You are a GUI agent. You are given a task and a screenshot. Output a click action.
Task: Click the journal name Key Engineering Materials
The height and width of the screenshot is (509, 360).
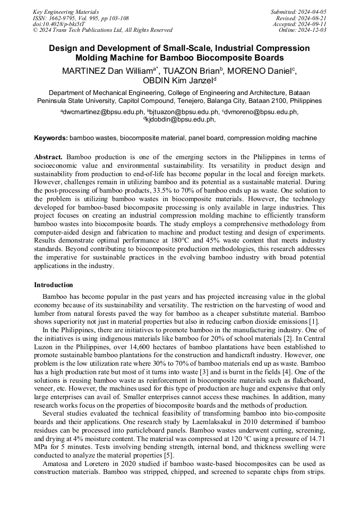click(66, 12)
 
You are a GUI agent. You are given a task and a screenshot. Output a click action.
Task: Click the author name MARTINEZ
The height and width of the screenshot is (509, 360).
click(84, 70)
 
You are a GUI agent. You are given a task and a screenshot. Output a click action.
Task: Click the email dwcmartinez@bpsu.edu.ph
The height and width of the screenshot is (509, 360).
click(102, 112)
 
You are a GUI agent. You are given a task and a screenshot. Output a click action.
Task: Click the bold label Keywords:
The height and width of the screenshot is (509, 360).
click(51, 138)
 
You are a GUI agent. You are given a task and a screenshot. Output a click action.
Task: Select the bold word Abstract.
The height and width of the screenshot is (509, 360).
click(48, 158)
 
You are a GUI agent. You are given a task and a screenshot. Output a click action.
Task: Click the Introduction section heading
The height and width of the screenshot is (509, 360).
click(54, 285)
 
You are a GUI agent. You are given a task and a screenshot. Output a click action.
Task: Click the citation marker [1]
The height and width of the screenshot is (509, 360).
click(314, 321)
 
